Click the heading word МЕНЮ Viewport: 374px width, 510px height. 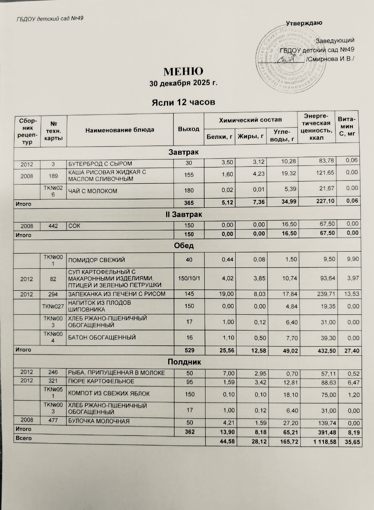coord(183,71)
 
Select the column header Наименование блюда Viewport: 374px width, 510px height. coord(120,130)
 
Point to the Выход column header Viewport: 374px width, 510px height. coord(188,129)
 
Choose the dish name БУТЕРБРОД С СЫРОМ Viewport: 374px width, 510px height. coord(100,163)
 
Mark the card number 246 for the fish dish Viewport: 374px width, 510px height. coord(53,373)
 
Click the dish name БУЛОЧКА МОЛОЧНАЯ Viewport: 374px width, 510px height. coord(99,422)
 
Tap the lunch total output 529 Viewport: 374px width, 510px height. coord(189,351)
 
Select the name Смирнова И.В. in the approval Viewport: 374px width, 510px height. coord(331,59)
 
